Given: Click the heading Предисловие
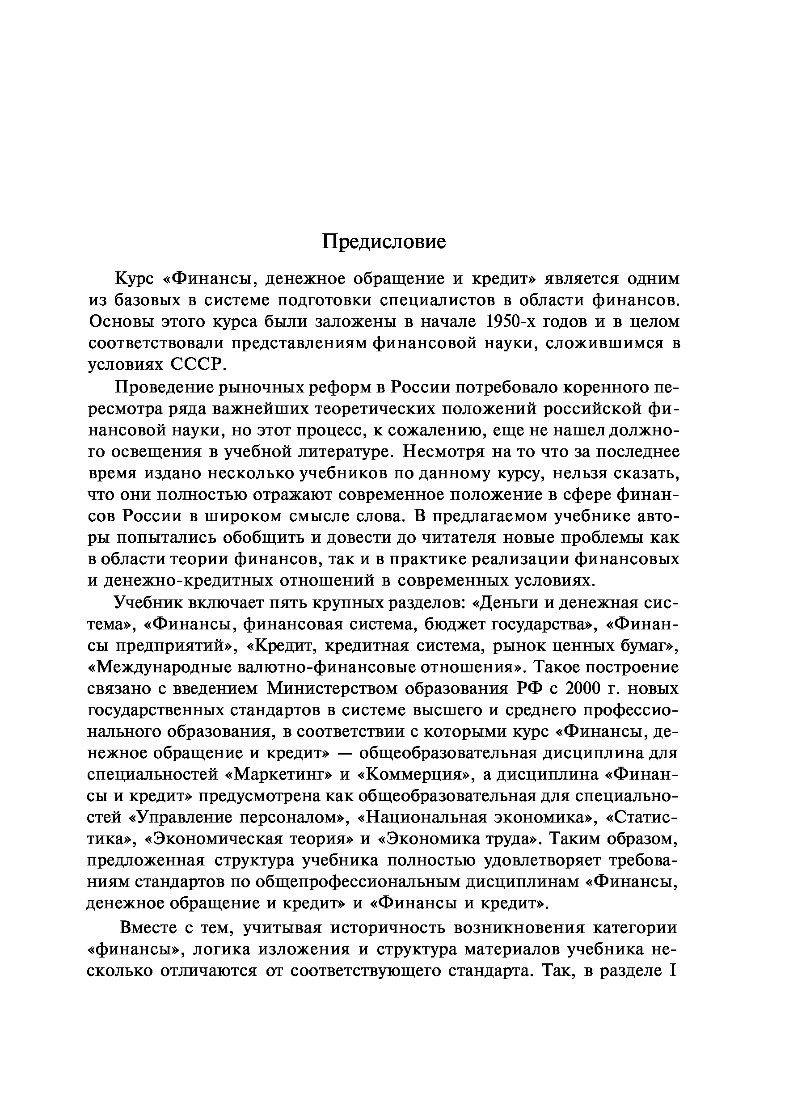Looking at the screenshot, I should click(384, 241).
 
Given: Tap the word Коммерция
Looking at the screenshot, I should click(416, 774).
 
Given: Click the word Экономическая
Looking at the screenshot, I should click(207, 839).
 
